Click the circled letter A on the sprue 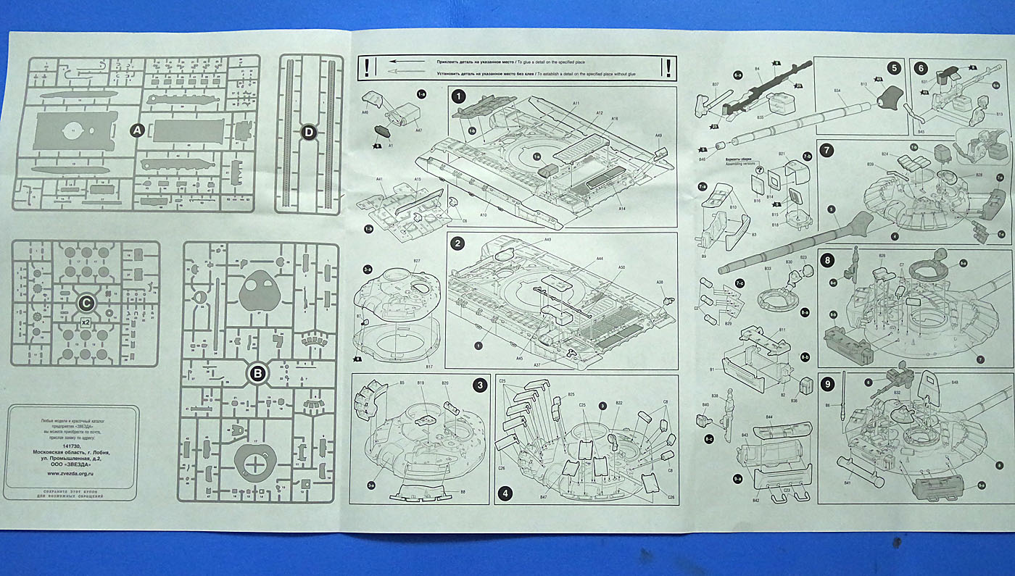coord(136,130)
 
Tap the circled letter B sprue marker coord(258,374)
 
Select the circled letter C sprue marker coord(86,303)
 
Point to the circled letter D coord(309,133)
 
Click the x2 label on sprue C coord(85,322)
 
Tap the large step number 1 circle coord(457,96)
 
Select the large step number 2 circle coord(457,243)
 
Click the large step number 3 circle coord(479,385)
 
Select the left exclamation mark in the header coord(368,68)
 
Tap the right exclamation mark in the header coord(667,68)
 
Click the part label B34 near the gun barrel coord(837,90)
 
